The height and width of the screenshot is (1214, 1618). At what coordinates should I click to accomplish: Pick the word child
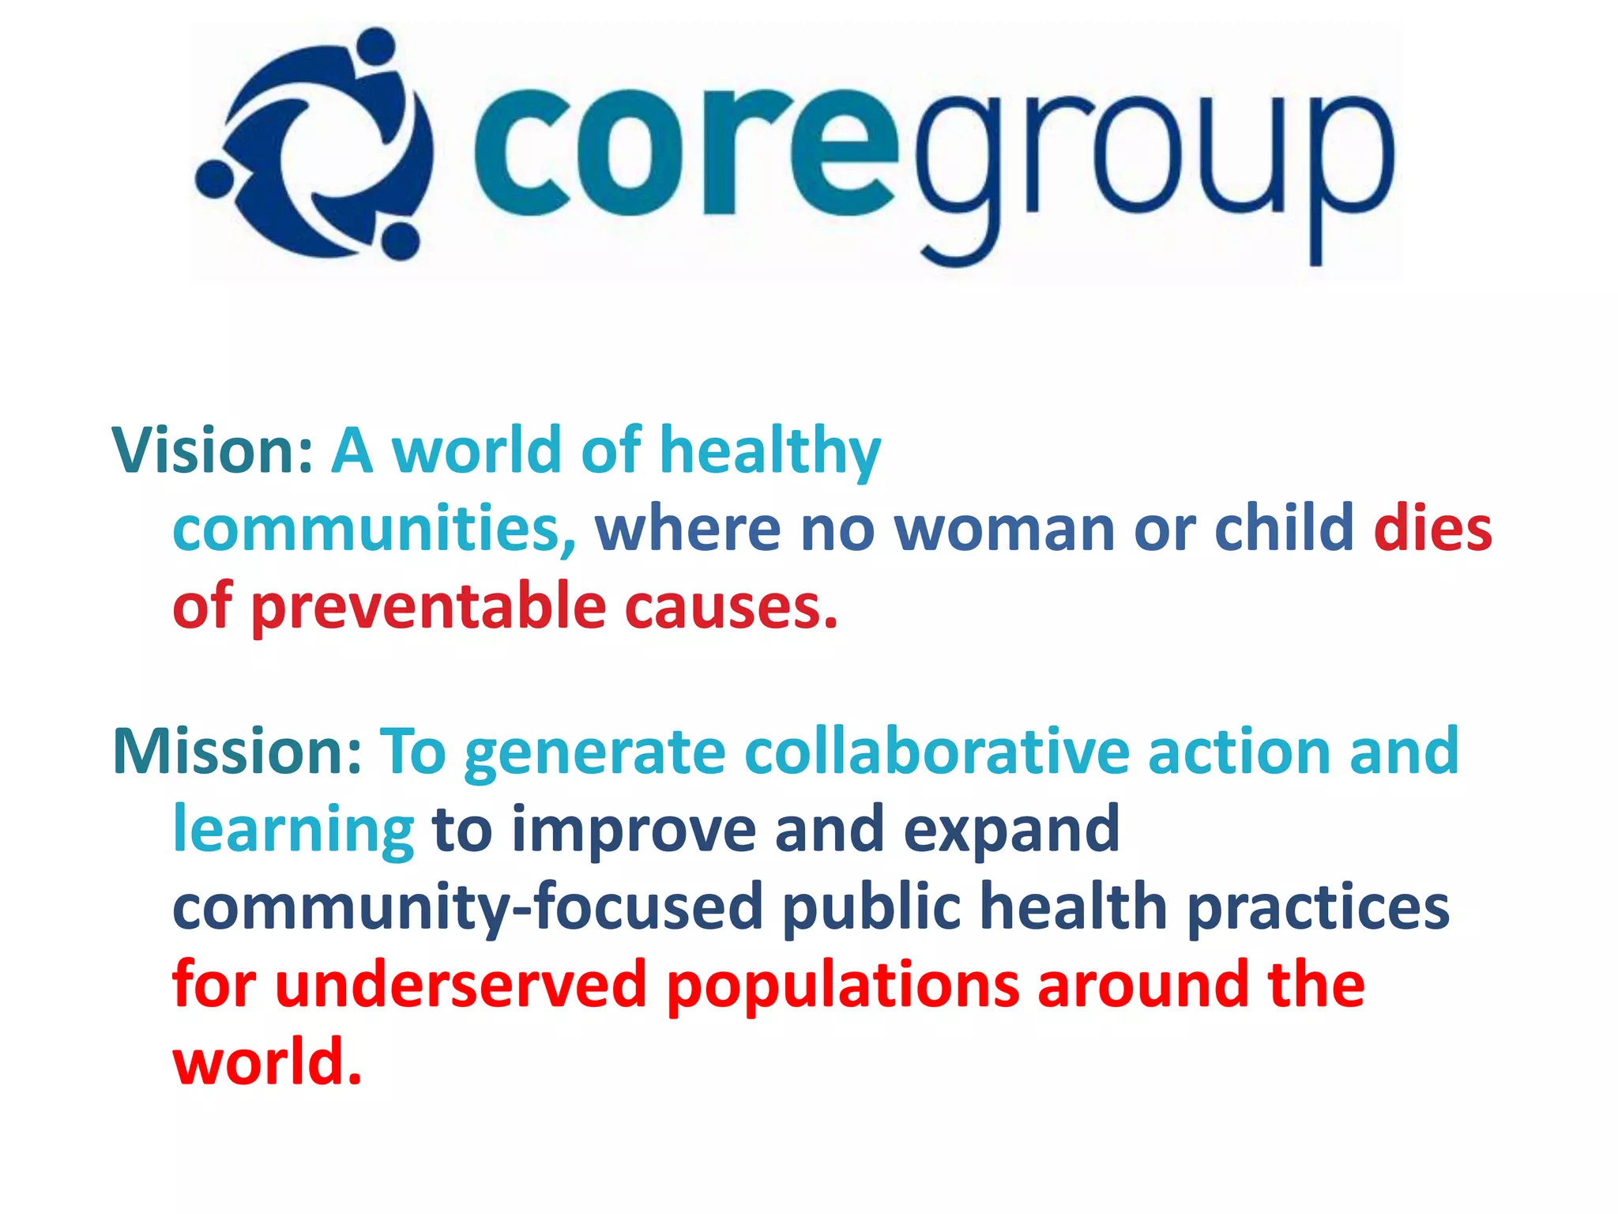[x=1285, y=529]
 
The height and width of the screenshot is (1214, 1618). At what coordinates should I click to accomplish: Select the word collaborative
[x=937, y=752]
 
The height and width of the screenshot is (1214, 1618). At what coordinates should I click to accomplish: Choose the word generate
[x=595, y=753]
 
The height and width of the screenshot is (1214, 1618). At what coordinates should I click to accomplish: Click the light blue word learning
[x=293, y=831]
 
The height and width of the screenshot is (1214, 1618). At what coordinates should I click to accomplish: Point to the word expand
[x=1011, y=831]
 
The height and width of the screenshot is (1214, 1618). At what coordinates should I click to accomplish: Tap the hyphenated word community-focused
[x=468, y=908]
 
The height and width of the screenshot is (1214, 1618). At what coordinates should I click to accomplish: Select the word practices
[x=1319, y=908]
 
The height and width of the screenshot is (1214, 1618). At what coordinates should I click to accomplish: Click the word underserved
[x=461, y=986]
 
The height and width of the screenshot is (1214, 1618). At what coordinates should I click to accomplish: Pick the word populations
[x=843, y=987]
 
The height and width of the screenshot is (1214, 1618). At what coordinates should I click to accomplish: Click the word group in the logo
[x=1153, y=166]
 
